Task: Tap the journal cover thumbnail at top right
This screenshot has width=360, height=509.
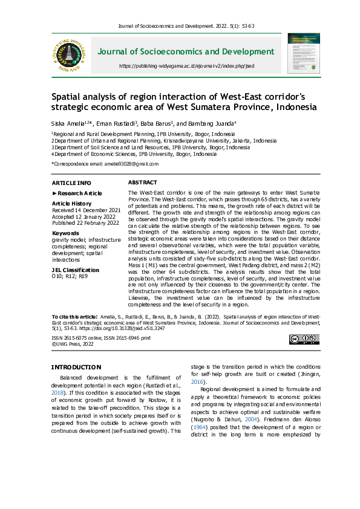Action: [304, 54]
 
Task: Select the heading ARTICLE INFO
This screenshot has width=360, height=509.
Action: [71, 183]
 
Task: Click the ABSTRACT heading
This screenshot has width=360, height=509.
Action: [143, 182]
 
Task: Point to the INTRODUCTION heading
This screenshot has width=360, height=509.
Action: [76, 367]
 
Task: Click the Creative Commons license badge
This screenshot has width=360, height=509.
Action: [304, 340]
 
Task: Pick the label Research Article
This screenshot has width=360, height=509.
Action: [79, 193]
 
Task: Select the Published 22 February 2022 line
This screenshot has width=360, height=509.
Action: [85, 222]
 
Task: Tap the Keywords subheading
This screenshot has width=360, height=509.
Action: [65, 233]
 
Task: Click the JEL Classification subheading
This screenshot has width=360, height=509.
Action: [75, 270]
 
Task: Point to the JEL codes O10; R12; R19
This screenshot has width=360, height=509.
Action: [70, 276]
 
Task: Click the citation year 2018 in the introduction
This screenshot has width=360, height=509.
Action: [57, 392]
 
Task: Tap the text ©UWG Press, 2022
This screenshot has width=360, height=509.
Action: [73, 343]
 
